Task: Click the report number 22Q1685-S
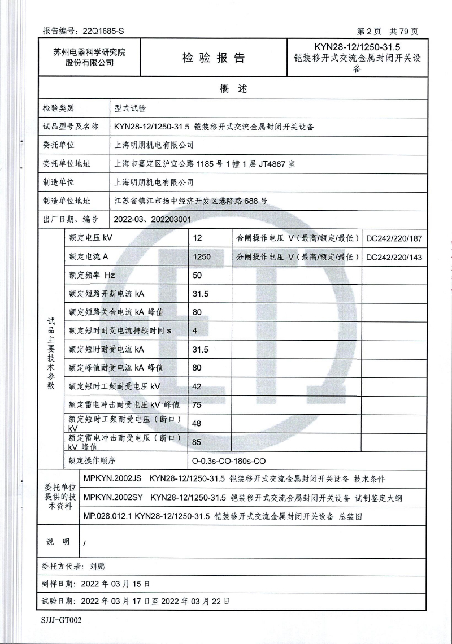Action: click(x=103, y=31)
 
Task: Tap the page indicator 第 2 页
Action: click(x=369, y=31)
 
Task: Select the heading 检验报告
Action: click(x=214, y=58)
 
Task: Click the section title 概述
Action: click(x=233, y=89)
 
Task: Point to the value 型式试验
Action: click(x=130, y=108)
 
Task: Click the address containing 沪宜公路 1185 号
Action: click(x=204, y=164)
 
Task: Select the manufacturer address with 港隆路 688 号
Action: click(x=190, y=201)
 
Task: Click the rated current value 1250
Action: click(x=202, y=257)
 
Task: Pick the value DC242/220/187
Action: click(x=394, y=238)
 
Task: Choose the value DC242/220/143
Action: click(x=394, y=258)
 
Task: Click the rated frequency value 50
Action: click(x=197, y=276)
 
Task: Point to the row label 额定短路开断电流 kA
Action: click(x=106, y=294)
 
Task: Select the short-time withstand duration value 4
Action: click(x=195, y=330)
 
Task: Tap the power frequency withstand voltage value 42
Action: click(x=197, y=386)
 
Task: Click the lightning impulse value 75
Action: click(x=197, y=404)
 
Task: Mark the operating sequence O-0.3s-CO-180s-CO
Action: click(x=228, y=460)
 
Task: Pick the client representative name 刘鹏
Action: click(x=97, y=565)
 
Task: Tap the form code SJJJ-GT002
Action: click(x=62, y=620)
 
